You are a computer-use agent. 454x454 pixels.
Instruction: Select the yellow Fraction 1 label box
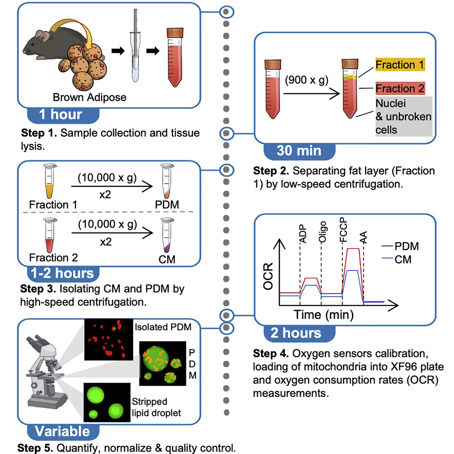tap(400, 65)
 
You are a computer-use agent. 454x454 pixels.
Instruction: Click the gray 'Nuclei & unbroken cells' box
tap(403, 117)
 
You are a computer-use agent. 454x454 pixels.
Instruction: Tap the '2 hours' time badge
tap(296, 332)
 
